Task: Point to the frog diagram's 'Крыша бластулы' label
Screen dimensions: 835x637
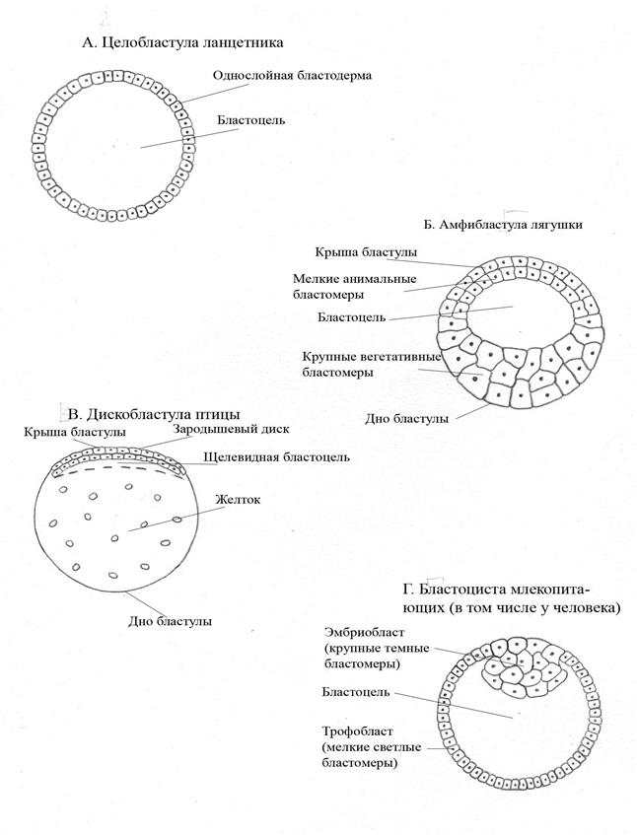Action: [360, 252]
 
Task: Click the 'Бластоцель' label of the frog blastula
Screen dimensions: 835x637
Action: [351, 317]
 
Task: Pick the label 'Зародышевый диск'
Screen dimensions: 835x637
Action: [226, 430]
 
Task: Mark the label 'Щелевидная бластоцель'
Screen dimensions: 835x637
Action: [276, 457]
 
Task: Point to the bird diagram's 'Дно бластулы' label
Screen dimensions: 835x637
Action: [171, 621]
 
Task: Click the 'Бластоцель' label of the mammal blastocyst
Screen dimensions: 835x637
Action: [354, 692]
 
